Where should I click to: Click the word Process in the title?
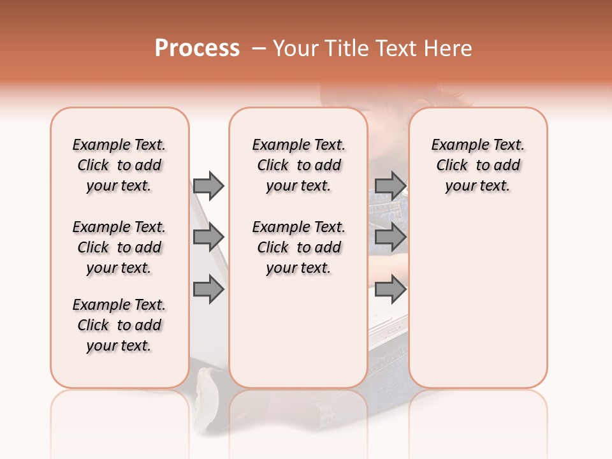coord(197,48)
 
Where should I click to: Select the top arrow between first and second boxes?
coord(208,186)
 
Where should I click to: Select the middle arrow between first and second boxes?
coord(208,237)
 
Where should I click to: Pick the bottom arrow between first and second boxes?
coord(208,289)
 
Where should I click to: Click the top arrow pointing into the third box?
coord(390,186)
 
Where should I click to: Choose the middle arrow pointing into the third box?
coord(390,237)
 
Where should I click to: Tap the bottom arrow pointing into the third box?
coord(390,289)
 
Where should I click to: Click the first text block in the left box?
coord(119,165)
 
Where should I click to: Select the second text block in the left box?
coord(119,247)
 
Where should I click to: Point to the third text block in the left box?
coord(119,325)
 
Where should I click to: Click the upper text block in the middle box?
coord(298,165)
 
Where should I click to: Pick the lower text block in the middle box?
coord(298,247)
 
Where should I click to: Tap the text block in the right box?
coord(477,165)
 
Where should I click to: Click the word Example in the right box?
coord(458,145)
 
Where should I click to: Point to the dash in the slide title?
coord(259,48)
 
